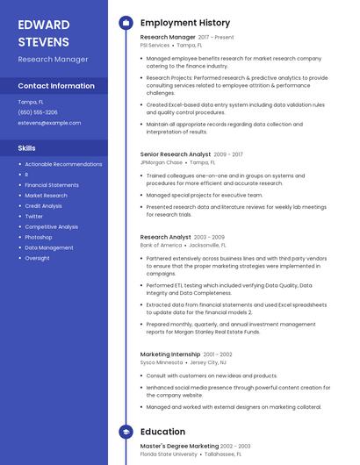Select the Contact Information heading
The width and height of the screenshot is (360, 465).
coord(56,86)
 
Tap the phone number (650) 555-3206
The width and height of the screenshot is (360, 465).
coord(38,112)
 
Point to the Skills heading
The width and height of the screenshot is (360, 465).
coord(27,148)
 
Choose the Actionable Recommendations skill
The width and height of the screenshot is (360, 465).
coord(63,164)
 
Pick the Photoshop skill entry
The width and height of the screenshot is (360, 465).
coord(38,237)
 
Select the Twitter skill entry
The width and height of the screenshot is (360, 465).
coord(33,216)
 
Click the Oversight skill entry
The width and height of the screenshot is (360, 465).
coord(37,258)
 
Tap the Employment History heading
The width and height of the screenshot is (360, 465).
coord(185,23)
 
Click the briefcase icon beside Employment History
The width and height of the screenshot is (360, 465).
coord(126,23)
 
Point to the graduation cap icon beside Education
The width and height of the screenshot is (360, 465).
coord(126,432)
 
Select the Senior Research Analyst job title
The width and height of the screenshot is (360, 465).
coord(175,154)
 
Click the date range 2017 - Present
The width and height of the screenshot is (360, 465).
coord(216,38)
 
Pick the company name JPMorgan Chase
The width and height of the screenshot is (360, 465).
coord(161,162)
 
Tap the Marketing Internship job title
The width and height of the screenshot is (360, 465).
coord(169,354)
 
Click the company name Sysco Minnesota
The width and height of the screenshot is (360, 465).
coord(161,362)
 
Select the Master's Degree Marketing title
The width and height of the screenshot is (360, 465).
coord(179,446)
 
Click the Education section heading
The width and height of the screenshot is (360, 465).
coord(162,432)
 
